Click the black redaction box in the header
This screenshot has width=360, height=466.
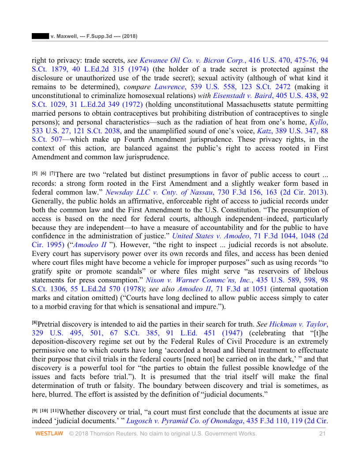click(x=41, y=36)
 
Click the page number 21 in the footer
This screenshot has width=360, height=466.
click(x=322, y=434)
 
